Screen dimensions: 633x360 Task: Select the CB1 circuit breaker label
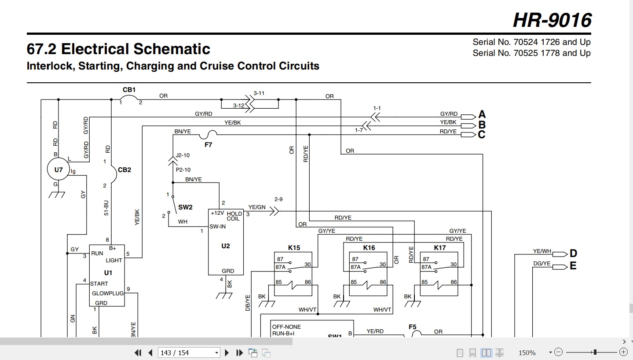point(129,90)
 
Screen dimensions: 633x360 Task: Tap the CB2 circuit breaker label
point(124,170)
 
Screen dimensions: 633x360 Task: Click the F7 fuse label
point(208,145)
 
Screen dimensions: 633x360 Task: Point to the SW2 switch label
point(185,207)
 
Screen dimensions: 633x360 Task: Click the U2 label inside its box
point(226,246)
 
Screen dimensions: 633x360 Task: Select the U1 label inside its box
point(108,272)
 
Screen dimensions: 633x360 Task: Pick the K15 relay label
point(294,248)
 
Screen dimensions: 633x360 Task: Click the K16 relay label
point(369,248)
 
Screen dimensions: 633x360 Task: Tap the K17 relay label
point(440,248)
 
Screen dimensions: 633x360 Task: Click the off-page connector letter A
point(482,114)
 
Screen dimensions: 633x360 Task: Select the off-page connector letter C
point(482,135)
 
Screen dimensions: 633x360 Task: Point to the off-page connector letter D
point(573,253)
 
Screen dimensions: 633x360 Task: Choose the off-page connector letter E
point(573,266)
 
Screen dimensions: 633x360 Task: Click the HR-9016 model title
point(552,20)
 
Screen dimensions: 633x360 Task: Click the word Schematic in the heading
point(172,49)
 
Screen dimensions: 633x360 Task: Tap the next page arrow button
point(227,353)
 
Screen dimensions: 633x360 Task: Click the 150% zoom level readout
point(527,353)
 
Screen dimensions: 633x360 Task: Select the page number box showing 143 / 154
point(189,353)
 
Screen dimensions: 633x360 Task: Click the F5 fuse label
point(413,327)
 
